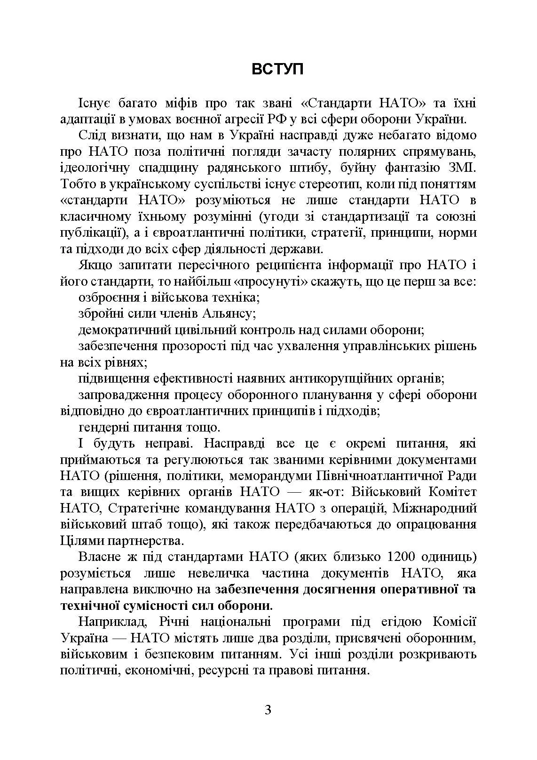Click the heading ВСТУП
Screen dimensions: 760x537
(x=277, y=69)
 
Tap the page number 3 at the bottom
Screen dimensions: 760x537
(x=268, y=710)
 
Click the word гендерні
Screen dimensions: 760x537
(x=103, y=427)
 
